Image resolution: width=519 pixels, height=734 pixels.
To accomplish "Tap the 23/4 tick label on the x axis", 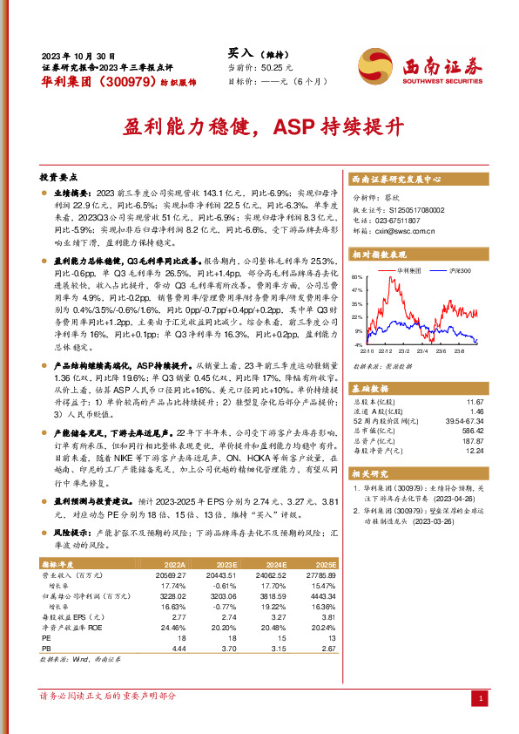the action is pyautogui.click(x=421, y=350).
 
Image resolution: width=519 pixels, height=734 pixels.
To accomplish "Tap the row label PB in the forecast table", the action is pyautogui.click(x=46, y=649).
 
